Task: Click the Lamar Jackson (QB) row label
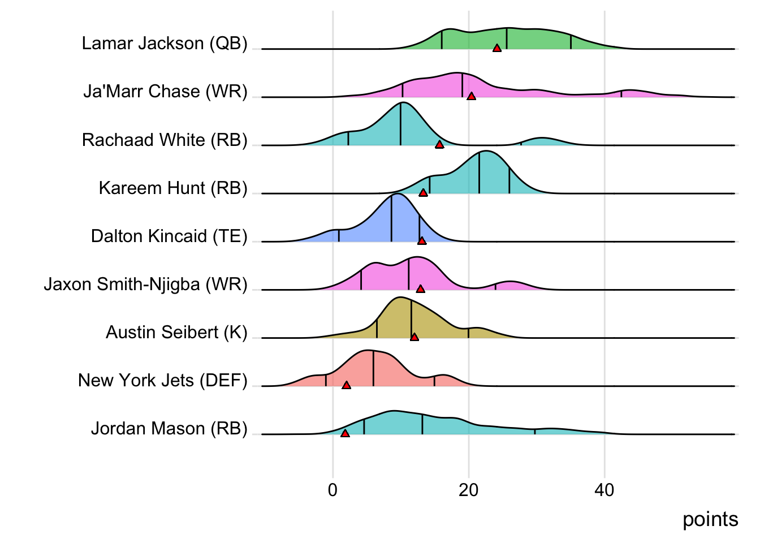pos(165,44)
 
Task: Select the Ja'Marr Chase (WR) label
pos(165,92)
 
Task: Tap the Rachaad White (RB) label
pos(165,140)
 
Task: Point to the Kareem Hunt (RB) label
pos(173,188)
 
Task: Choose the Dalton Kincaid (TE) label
pos(169,236)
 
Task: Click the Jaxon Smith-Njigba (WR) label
pos(146,284)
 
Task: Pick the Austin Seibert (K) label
pos(176,332)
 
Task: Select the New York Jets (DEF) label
pos(163,380)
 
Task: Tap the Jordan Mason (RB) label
pos(169,429)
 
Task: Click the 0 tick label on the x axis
pos(332,490)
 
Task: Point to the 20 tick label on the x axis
pos(468,490)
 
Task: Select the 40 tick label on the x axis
pos(604,490)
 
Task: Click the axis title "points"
pos(710,519)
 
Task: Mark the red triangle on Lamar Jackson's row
pos(497,49)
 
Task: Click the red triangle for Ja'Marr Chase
pos(471,97)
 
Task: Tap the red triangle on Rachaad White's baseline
pos(439,145)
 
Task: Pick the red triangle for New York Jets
pos(347,385)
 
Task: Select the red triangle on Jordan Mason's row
pos(345,433)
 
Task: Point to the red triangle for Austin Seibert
pos(414,337)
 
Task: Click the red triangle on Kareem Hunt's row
pos(423,193)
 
